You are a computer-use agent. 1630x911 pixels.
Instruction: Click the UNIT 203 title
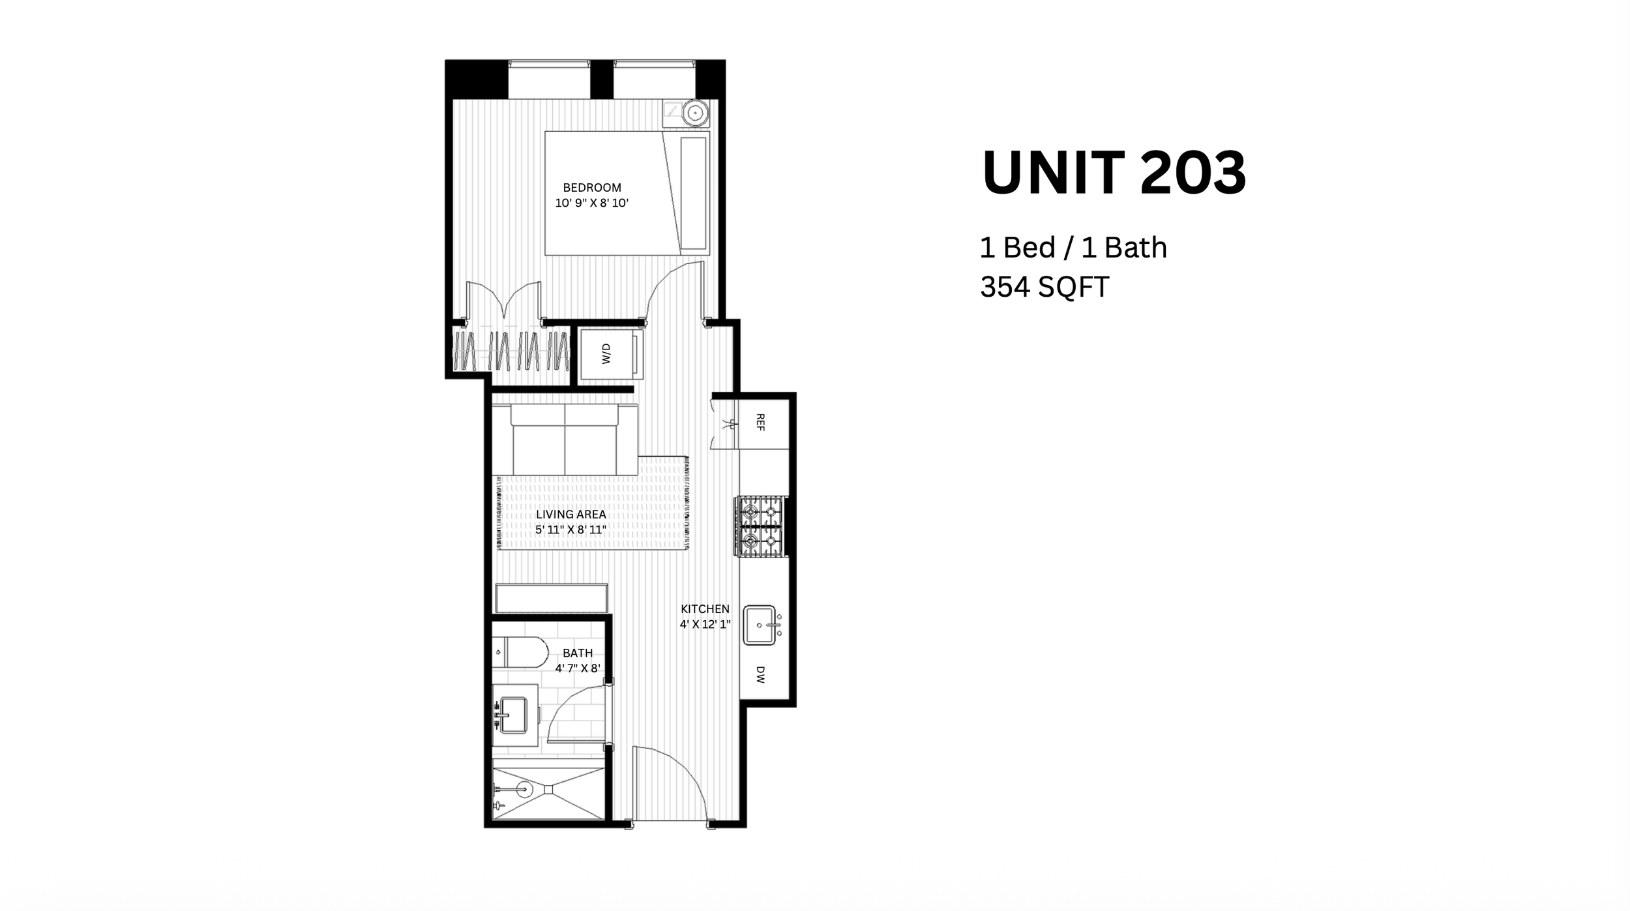tap(1114, 173)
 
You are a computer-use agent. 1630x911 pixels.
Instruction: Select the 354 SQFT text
tap(1044, 287)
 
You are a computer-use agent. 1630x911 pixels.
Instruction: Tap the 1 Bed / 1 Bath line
tap(1073, 248)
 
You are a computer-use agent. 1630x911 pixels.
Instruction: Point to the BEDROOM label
tap(592, 188)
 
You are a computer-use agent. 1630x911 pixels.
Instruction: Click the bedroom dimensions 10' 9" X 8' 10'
tap(592, 203)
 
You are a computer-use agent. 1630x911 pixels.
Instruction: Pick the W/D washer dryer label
tap(606, 354)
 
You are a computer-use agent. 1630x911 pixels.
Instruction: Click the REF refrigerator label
tap(760, 422)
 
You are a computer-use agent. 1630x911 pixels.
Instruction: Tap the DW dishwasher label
tap(760, 674)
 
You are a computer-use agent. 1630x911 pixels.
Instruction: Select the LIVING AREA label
tap(571, 515)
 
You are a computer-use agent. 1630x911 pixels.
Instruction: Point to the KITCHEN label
tap(705, 609)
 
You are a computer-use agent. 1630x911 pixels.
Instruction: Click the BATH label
tap(578, 653)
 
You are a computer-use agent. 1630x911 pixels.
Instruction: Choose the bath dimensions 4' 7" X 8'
tap(578, 668)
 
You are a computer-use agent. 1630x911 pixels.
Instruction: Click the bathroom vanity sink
tap(513, 715)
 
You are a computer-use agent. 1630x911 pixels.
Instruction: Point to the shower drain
tap(548, 789)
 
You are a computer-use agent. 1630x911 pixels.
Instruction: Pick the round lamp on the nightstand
tap(696, 113)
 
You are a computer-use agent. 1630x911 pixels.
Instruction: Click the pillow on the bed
tap(693, 194)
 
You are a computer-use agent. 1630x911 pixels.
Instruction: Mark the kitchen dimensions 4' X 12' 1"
tap(705, 624)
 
